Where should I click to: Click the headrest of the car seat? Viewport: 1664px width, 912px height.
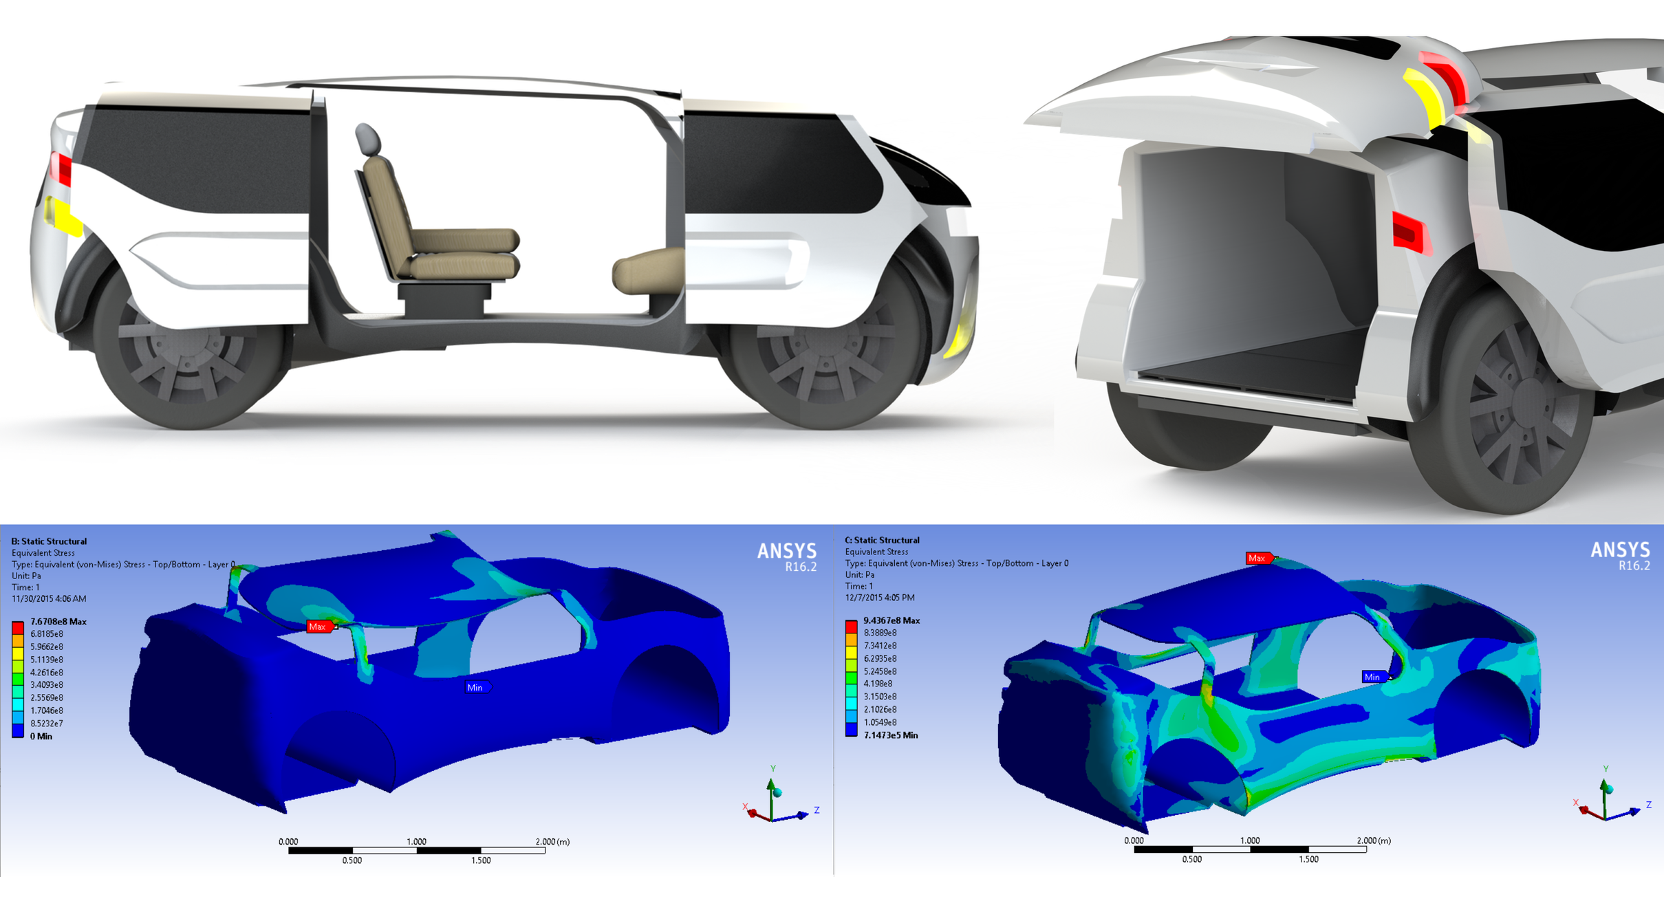[x=368, y=139]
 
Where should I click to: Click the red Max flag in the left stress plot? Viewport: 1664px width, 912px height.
[x=319, y=627]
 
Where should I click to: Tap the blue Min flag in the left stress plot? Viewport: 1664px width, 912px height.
[x=477, y=687]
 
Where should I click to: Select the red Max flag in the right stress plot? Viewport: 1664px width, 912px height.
[x=1259, y=558]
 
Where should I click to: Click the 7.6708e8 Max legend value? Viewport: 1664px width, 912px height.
[x=58, y=622]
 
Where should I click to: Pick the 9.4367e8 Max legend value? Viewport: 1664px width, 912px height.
[x=892, y=620]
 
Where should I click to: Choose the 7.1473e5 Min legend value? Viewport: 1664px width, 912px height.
[x=891, y=735]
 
